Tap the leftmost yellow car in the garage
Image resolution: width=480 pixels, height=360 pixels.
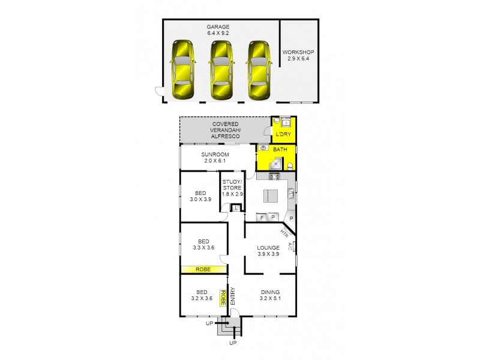tap(182, 69)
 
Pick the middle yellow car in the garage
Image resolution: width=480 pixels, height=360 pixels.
tap(220, 69)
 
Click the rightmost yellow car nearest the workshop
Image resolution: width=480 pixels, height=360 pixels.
tap(259, 69)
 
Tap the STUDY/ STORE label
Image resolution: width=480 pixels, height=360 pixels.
tap(232, 187)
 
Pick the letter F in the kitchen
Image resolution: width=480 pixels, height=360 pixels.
tap(262, 217)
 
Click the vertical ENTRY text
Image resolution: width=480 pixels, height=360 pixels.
tap(232, 296)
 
